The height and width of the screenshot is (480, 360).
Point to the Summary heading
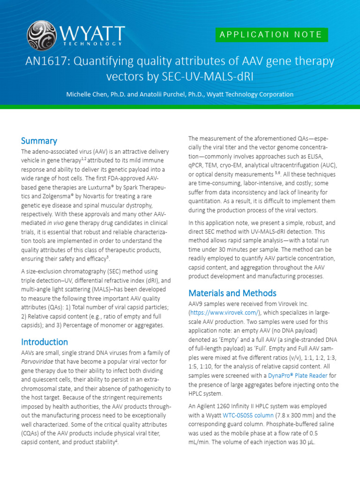click(39, 141)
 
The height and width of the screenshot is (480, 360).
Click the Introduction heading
click(45, 342)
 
